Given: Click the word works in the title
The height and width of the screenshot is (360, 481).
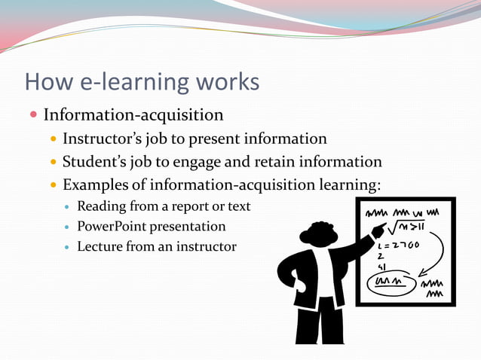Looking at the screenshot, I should click(x=224, y=81).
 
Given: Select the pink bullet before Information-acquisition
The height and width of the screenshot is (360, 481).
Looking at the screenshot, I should click(x=33, y=115).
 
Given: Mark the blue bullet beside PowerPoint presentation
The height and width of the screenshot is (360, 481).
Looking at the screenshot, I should click(x=68, y=227).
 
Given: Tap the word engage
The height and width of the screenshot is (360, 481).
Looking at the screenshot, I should click(x=226, y=163).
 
